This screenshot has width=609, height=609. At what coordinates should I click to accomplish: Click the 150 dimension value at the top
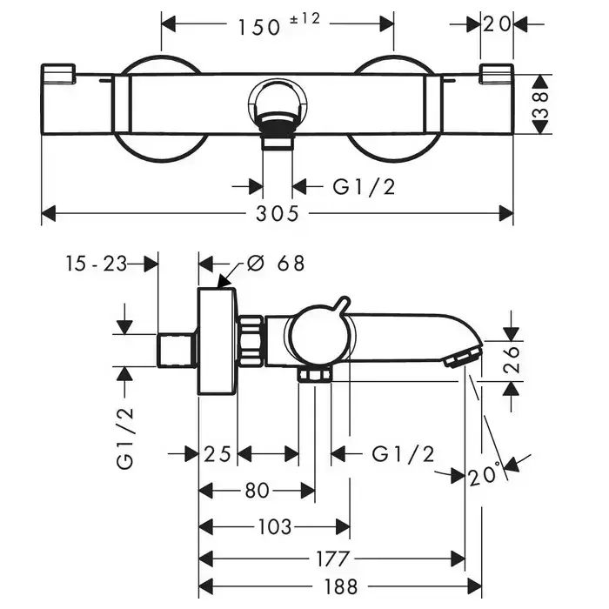(x=259, y=26)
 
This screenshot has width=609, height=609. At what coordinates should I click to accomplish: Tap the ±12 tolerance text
(x=300, y=20)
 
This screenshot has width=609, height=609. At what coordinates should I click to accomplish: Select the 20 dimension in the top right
(x=498, y=24)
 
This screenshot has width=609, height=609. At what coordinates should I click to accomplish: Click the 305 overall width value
(x=278, y=213)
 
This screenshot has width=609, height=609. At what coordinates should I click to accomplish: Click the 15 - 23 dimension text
(x=96, y=263)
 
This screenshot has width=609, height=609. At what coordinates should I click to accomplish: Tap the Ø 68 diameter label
(x=276, y=263)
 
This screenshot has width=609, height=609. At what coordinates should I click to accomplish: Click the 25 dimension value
(x=218, y=453)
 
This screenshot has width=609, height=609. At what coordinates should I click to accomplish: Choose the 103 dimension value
(x=274, y=527)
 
